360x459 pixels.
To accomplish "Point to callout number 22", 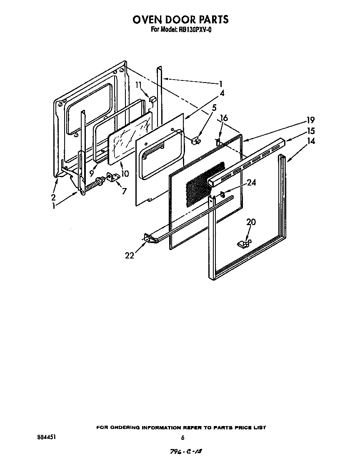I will click(x=130, y=256).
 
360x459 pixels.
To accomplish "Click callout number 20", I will click(x=251, y=222).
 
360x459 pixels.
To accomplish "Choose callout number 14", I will click(x=311, y=141).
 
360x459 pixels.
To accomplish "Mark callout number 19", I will click(x=311, y=120).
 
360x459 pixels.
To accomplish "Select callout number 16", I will click(x=224, y=118).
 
